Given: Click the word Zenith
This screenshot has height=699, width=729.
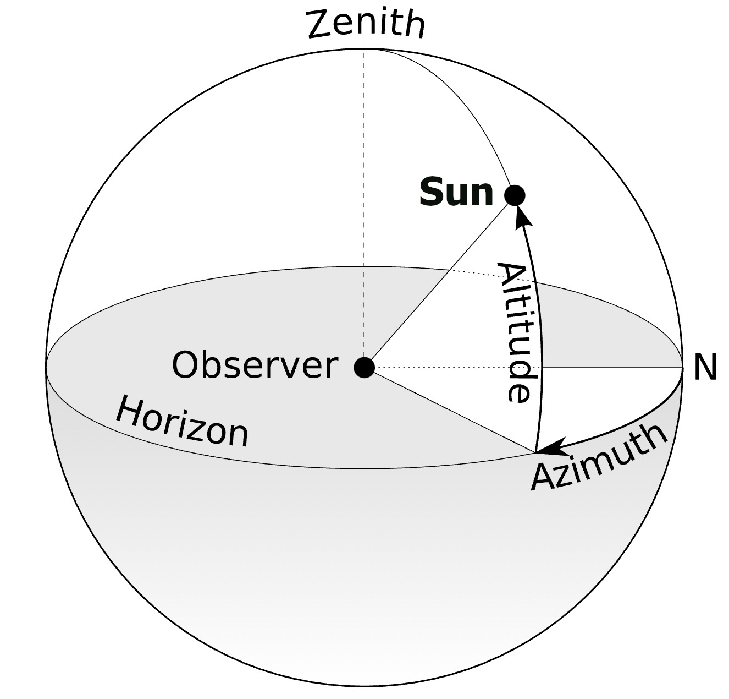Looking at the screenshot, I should coord(366,24).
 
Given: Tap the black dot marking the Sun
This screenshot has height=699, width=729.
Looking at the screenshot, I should coord(515,195).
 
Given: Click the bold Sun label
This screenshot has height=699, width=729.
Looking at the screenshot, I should coord(456,193).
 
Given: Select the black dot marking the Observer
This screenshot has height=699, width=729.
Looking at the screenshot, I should coord(364,367).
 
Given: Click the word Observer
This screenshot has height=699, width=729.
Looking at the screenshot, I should coord(255,365).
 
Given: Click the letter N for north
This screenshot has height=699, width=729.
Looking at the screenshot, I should coord(705,367).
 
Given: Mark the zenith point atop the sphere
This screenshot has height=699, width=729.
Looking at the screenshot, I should coord(364,49).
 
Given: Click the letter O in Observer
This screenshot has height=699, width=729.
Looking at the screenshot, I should coord(186,365).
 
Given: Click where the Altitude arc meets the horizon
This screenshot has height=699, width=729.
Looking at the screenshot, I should coord(535,452).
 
